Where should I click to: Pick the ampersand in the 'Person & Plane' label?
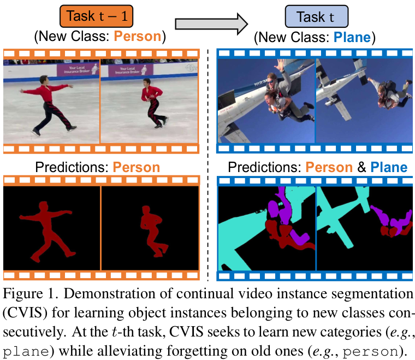tap(361, 167)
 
